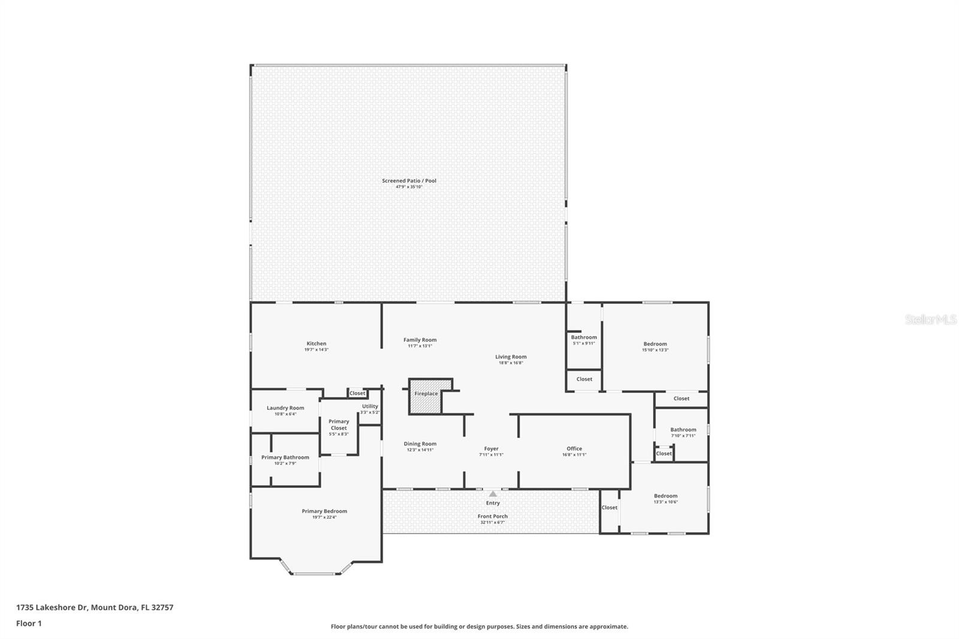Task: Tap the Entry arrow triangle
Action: pyautogui.click(x=493, y=494)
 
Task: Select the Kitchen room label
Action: pyautogui.click(x=316, y=343)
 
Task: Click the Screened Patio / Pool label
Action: pyautogui.click(x=409, y=180)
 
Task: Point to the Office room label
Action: pyautogui.click(x=574, y=448)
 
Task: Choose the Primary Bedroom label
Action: pyautogui.click(x=324, y=511)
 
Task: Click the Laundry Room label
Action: pyautogui.click(x=285, y=408)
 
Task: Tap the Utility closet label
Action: pyautogui.click(x=370, y=406)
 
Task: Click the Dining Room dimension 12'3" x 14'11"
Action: pyautogui.click(x=420, y=450)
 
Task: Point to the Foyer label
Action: pyautogui.click(x=491, y=448)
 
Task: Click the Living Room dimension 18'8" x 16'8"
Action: pyautogui.click(x=511, y=363)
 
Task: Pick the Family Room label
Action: pyautogui.click(x=420, y=340)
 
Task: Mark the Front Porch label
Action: pyautogui.click(x=493, y=516)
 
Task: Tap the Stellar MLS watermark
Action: pyautogui.click(x=930, y=320)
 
